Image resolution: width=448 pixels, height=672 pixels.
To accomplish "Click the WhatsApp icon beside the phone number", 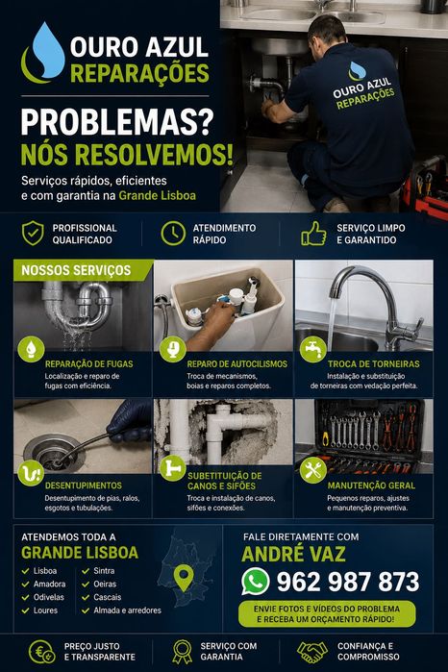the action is tap(256, 582).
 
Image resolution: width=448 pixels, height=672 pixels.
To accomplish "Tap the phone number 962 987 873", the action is tap(348, 582).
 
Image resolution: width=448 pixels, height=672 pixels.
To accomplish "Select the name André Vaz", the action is tap(293, 554).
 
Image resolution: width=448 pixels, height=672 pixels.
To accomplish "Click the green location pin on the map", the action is tap(185, 577).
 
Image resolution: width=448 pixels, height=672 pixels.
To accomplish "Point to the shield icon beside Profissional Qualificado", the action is tap(33, 234).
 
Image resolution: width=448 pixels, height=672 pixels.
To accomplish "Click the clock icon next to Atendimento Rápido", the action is tap(173, 234).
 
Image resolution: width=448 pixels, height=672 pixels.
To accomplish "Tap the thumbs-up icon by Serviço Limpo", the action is tap(313, 234).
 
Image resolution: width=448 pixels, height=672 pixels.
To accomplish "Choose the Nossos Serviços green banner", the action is tap(82, 270).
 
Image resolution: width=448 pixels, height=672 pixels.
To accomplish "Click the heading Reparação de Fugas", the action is tap(89, 363).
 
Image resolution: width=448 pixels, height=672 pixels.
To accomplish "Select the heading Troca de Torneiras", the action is tap(374, 363).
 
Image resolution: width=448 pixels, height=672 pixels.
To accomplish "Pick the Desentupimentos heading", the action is tap(84, 485).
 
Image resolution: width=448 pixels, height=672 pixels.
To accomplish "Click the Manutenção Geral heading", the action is tap(371, 485).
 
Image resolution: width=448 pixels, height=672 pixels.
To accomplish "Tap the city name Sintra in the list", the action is tap(104, 571).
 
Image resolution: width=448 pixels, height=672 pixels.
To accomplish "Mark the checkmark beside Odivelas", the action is tap(26, 597).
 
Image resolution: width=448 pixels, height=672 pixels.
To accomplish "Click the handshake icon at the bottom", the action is tap(312, 652).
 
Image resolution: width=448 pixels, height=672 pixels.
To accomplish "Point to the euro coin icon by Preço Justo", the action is tap(41, 652).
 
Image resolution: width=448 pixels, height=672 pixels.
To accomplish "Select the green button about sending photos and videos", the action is tap(327, 613).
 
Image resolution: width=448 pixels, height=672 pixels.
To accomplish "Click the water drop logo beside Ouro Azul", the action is tap(44, 53).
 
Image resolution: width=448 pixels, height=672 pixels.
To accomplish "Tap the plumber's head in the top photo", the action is tap(327, 31).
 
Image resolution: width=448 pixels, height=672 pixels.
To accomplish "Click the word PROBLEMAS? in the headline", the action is tap(117, 122).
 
